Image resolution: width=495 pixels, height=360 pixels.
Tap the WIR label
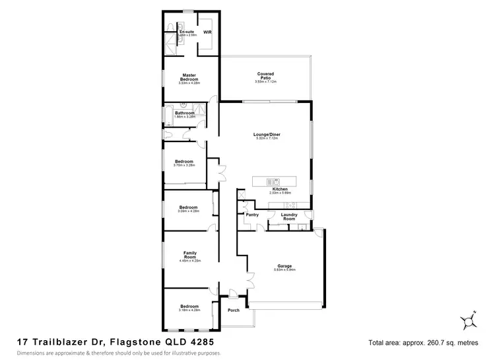(x=207, y=31)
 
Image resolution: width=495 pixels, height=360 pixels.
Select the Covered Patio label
(x=266, y=75)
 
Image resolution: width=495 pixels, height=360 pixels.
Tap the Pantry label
(x=251, y=214)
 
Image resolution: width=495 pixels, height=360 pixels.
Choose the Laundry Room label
(x=288, y=216)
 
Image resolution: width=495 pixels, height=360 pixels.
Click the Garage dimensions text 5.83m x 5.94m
(x=284, y=270)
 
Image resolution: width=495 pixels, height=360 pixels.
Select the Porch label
(x=233, y=310)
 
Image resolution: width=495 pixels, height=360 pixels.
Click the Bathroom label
(x=185, y=113)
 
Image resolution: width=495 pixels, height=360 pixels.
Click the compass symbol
(x=469, y=320)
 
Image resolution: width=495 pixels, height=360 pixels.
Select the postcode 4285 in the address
(x=201, y=343)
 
